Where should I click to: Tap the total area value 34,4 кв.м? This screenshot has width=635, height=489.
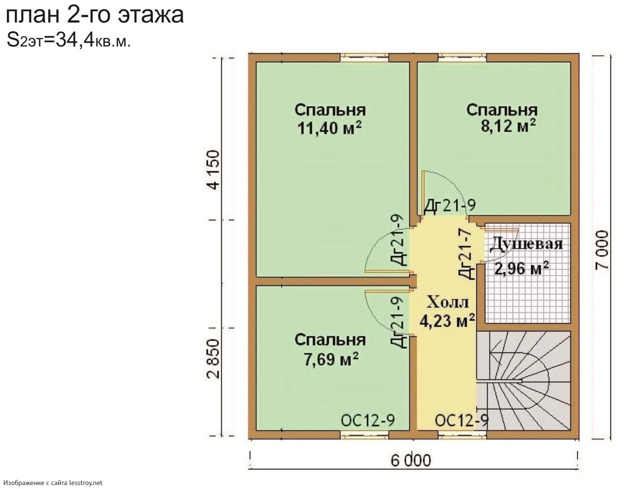point(93,40)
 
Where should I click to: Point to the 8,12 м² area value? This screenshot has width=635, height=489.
point(508,126)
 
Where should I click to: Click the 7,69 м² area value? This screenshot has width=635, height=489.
point(331,358)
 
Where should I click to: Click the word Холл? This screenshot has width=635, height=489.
point(447,302)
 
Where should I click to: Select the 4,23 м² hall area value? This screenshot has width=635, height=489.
point(447,321)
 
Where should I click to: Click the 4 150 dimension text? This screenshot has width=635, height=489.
point(214,170)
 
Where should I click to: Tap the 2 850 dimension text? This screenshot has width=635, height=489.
point(214,359)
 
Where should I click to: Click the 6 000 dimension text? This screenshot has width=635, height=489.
point(411,461)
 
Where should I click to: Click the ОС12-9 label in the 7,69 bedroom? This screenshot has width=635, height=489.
point(368,420)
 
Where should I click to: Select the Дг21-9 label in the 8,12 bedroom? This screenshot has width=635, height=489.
point(450,206)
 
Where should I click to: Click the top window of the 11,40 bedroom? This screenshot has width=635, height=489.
point(364,58)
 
